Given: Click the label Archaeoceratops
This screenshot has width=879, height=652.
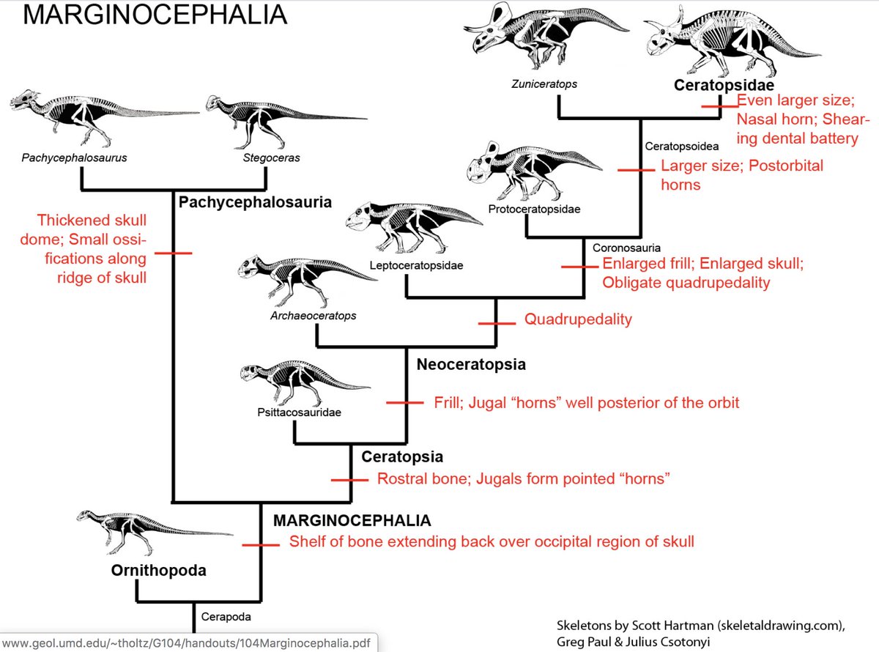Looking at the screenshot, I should pyautogui.click(x=313, y=316).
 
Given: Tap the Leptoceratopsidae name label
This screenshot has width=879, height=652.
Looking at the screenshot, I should pyautogui.click(x=415, y=265).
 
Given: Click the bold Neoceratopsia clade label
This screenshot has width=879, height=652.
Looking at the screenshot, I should pyautogui.click(x=471, y=363).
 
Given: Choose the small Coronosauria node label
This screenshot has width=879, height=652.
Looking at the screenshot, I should pyautogui.click(x=626, y=248).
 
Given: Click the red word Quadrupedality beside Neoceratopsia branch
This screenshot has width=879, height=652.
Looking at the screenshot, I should pyautogui.click(x=578, y=319).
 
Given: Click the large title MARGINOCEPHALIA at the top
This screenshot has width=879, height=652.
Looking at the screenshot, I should pyautogui.click(x=144, y=15).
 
